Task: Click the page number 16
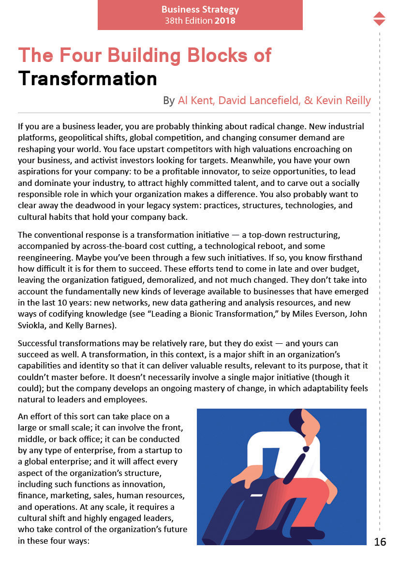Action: [x=380, y=542]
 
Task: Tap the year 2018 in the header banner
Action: [x=225, y=21]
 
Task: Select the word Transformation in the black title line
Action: [x=88, y=78]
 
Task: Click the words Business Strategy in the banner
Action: [x=200, y=10]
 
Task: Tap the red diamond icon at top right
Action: [x=380, y=18]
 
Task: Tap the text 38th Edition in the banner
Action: [x=188, y=21]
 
